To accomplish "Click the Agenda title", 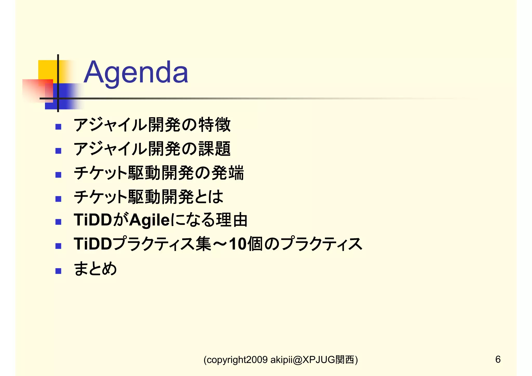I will click(136, 72).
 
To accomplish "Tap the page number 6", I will click(498, 359).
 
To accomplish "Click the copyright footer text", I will click(281, 360).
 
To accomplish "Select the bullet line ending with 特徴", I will click(152, 125).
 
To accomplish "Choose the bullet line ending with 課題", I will click(152, 149).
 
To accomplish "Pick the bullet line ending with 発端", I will click(159, 173).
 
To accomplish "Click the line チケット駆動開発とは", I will click(148, 197).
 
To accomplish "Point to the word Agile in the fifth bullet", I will click(149, 220).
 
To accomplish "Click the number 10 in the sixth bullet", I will click(238, 244).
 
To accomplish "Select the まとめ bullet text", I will click(95, 269).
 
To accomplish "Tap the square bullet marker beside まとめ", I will click(58, 271).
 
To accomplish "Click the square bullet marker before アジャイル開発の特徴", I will click(58, 127).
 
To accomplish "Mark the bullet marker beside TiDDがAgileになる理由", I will click(58, 222).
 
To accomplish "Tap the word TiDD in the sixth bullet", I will click(93, 244).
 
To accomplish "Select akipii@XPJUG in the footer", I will click(303, 360).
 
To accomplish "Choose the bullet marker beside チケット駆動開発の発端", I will click(58, 175).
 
